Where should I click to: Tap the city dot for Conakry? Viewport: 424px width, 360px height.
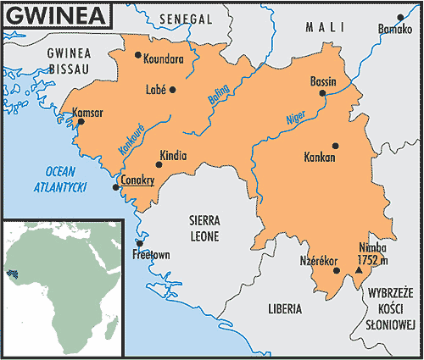[x=116, y=187]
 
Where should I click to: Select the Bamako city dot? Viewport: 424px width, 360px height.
[x=402, y=17]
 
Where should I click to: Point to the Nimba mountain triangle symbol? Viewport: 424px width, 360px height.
[x=358, y=270]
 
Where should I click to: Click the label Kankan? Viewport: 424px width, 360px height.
[x=319, y=158]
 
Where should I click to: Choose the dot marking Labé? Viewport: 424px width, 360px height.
[x=172, y=89]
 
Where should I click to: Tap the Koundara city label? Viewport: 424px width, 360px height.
[x=164, y=60]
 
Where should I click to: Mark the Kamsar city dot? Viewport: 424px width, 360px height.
[x=81, y=122]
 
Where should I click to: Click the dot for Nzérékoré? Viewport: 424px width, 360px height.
[x=337, y=271]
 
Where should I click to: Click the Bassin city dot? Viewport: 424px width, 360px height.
[x=321, y=94]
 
